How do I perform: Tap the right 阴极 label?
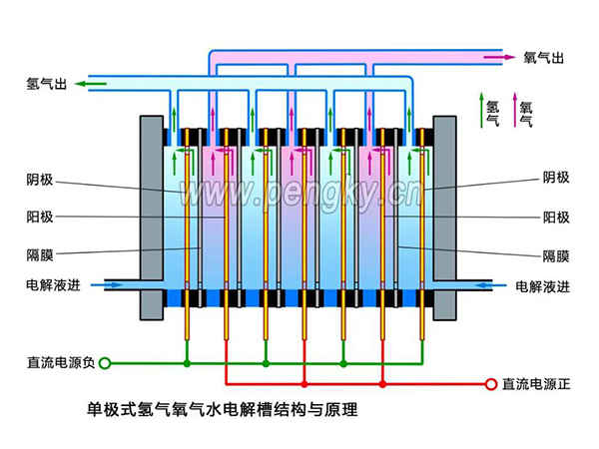tap(556, 179)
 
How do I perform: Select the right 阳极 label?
tap(556, 217)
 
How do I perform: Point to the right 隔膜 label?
tap(556, 254)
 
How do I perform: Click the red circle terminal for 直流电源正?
tap(490, 383)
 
